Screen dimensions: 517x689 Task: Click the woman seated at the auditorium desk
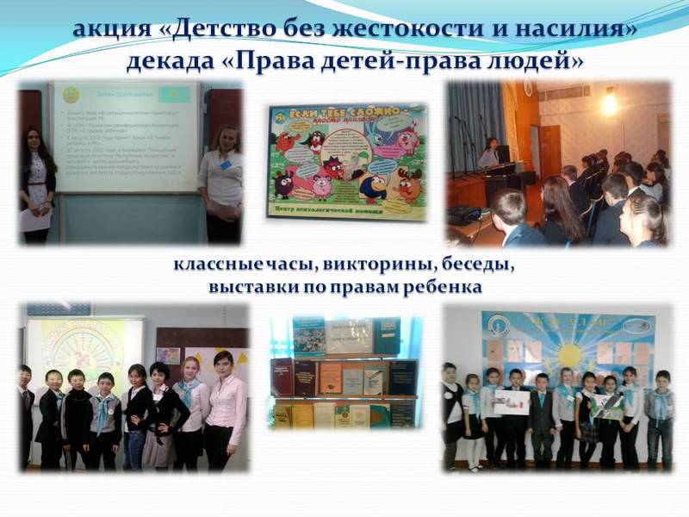click(x=489, y=153)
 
